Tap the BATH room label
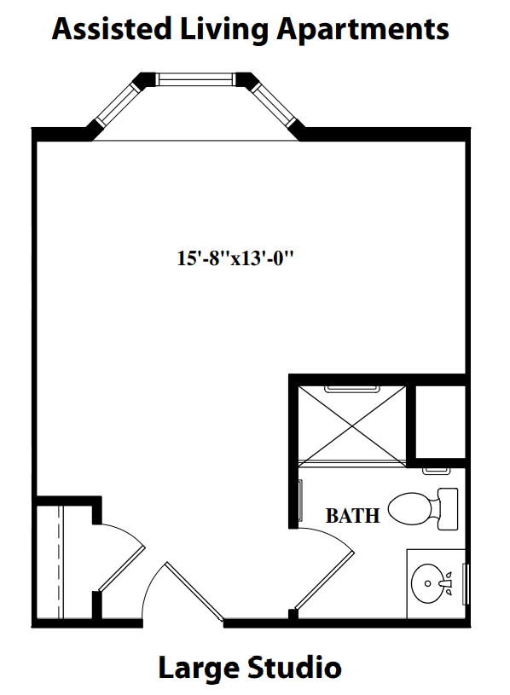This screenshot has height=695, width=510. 353,516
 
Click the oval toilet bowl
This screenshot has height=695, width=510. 409,509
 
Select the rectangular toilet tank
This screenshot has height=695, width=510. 447,508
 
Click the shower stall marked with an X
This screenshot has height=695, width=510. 353,422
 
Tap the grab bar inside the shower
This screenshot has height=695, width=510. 352,389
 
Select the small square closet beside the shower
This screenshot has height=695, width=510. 440,422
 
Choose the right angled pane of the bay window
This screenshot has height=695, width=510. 275,106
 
